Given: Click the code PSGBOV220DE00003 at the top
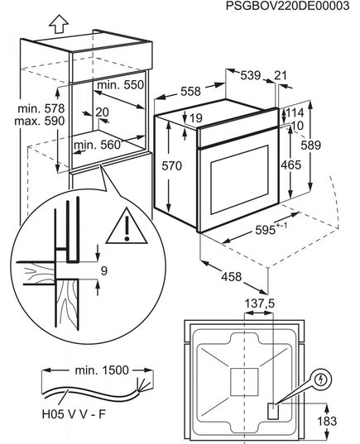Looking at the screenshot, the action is click(287, 6).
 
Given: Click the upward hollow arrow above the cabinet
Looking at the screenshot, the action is click(59, 24).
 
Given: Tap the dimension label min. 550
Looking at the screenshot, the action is click(121, 84).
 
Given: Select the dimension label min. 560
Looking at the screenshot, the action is click(97, 145).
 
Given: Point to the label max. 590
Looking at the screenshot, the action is click(40, 121).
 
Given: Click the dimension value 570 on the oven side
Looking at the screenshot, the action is click(172, 165).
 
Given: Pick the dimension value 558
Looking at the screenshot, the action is click(190, 91).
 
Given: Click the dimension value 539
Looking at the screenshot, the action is click(251, 75).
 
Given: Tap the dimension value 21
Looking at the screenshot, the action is click(281, 75).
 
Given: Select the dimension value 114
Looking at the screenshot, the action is click(295, 112).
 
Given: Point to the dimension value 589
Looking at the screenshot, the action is click(310, 146).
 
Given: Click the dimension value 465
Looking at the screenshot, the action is click(290, 165).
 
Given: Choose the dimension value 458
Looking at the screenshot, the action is click(231, 277).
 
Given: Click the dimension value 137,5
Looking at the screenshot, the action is click(260, 303).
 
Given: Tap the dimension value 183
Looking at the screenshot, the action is click(327, 421).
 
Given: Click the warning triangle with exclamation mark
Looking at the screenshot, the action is click(127, 227).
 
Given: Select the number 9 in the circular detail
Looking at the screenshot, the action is click(104, 271).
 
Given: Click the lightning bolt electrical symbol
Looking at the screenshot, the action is click(321, 380).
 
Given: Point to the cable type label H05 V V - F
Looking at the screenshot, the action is click(74, 414).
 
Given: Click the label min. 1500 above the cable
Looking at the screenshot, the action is click(102, 370).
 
